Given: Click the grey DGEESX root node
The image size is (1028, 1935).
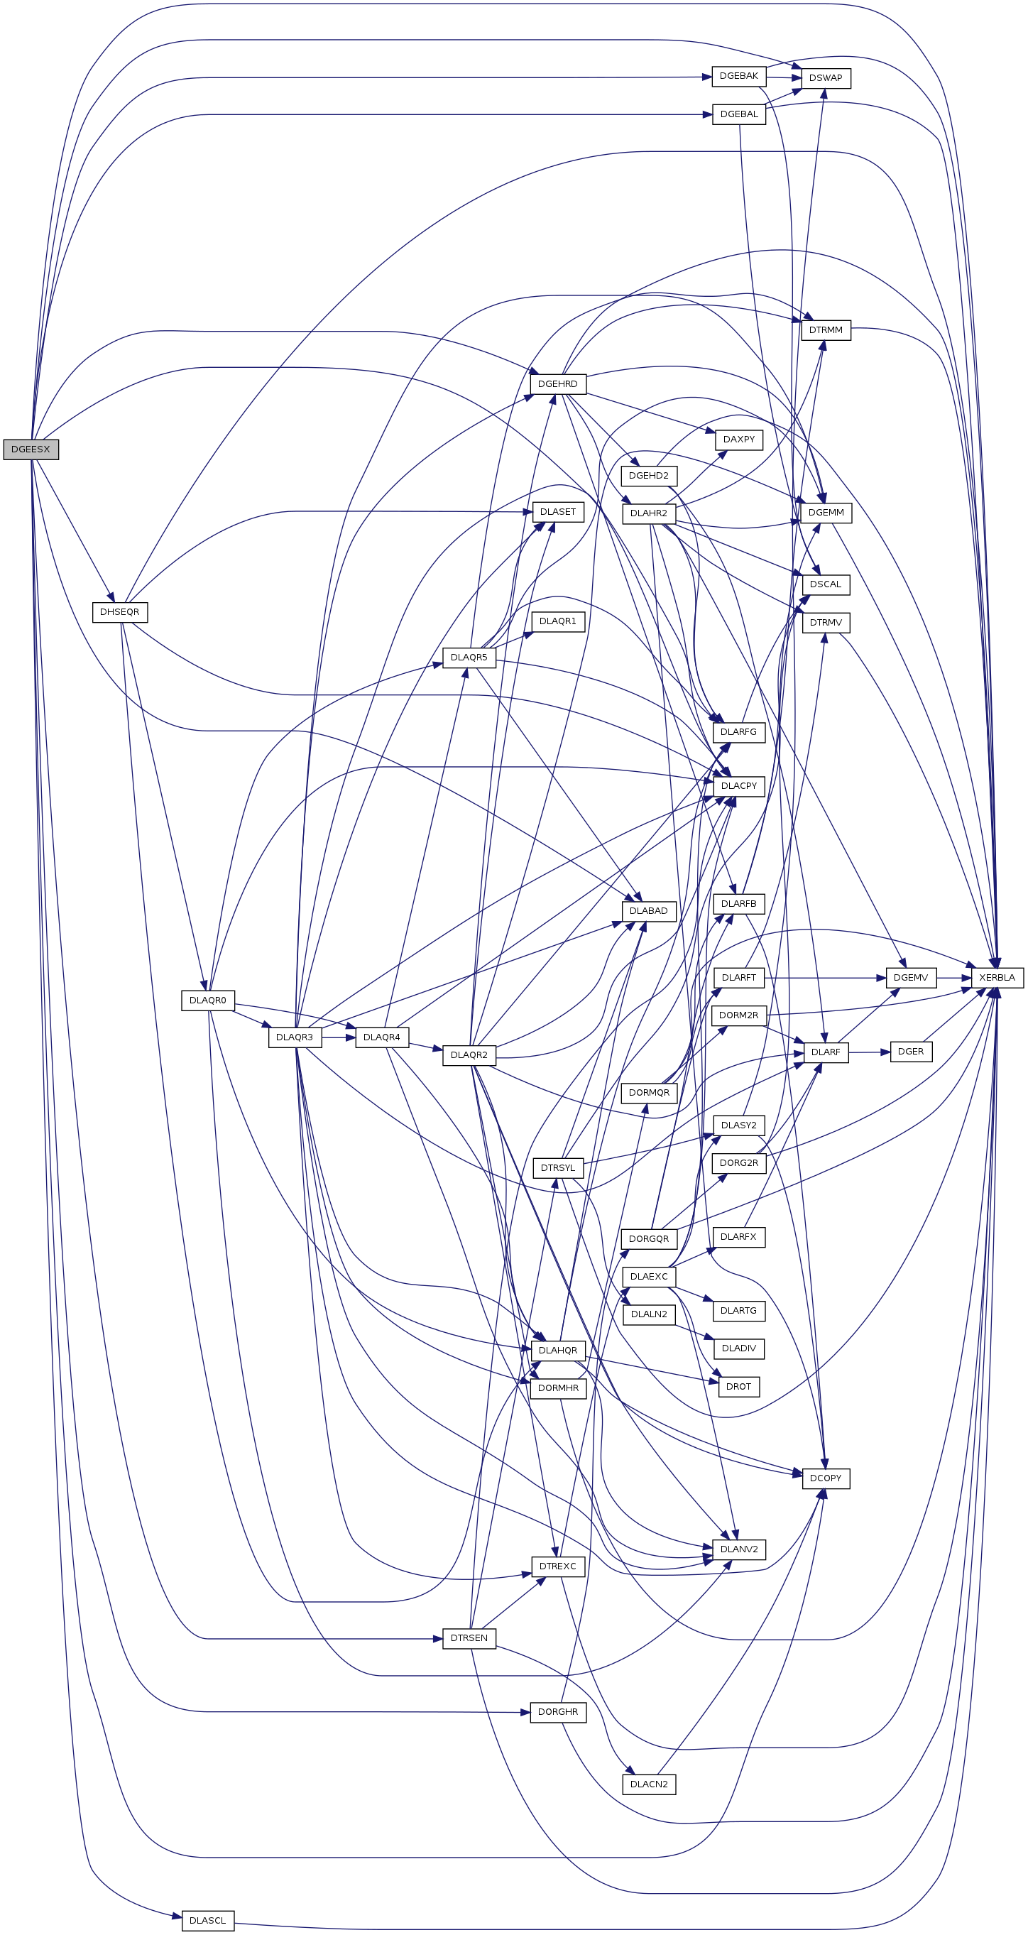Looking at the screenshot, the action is point(31,449).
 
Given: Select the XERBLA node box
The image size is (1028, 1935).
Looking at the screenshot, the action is point(997,977).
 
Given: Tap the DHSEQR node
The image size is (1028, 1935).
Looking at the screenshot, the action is point(119,612).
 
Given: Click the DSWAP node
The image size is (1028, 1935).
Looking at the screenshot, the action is point(826,78).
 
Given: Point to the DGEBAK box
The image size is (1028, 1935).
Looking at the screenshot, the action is point(739,76).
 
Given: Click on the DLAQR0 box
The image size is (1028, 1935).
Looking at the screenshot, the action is point(208,1001).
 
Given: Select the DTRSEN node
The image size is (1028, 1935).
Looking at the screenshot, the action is point(469,1638).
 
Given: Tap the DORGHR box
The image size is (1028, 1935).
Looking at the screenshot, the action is point(558,1712).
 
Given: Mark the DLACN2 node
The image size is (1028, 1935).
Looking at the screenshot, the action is point(649,1784).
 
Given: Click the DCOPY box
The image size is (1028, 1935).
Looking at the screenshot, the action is point(826,1478).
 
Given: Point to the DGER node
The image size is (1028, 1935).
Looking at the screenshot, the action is point(911,1052).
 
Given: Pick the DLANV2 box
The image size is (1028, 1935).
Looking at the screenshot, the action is point(739,1549).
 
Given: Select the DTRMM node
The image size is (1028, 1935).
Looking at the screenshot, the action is point(826,329).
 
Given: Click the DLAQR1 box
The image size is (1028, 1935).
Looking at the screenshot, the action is point(558,622).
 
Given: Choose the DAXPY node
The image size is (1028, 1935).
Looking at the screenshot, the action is point(739,440).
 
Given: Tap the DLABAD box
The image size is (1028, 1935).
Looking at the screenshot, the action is point(649,911).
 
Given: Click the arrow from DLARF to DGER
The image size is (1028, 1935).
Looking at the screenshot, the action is point(870,1052).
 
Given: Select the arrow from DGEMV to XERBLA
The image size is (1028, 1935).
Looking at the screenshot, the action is point(953,978).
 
